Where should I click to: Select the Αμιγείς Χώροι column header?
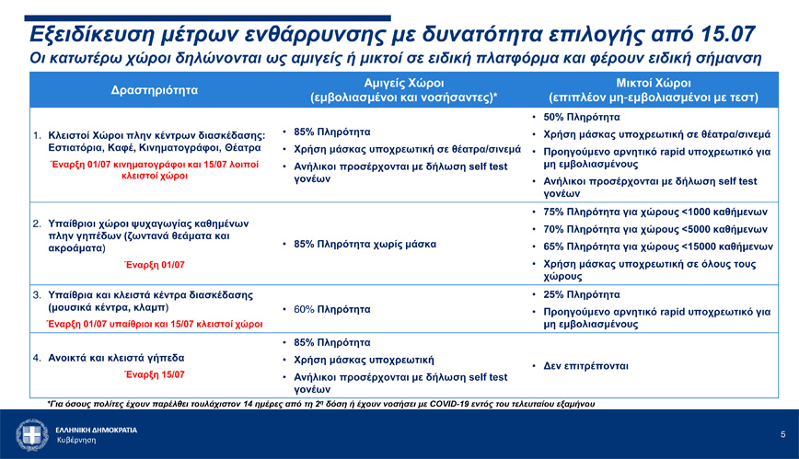[405, 81]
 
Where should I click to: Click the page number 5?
[782, 434]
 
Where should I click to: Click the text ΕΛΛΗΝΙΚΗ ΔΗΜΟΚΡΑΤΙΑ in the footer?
[96, 430]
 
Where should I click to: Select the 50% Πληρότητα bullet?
[581, 118]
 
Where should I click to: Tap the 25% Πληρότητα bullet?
[581, 295]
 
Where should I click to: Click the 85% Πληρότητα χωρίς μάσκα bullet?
[364, 245]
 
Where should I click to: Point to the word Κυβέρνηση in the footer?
[75, 441]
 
